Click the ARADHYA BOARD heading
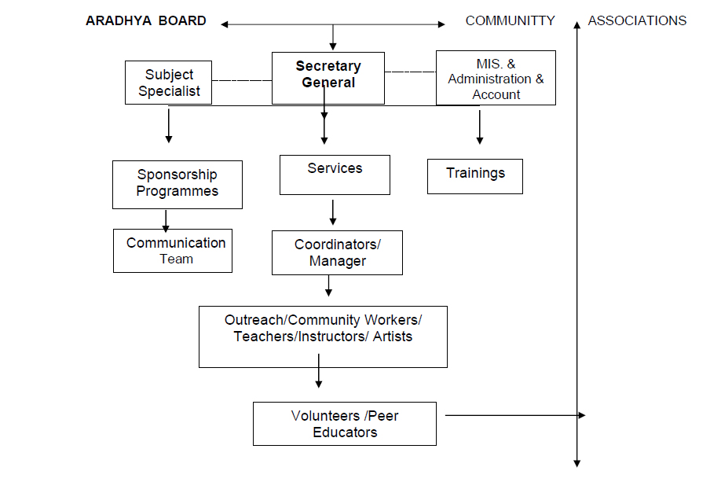pos(146,21)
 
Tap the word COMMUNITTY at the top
pos(510,21)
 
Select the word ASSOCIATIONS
pos(637,21)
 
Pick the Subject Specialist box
pos(169,83)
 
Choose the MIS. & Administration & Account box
pos(496,79)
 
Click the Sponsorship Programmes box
pos(177,184)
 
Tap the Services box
pos(335,174)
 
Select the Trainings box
pos(474,176)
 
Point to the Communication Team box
pos(173,250)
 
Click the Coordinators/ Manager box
pos(337,252)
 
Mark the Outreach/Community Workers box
pos(323,336)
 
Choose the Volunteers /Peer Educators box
pos(344,424)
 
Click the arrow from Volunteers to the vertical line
pos(514,415)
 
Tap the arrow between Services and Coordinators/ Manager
pos(333,212)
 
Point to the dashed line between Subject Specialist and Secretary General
pos(241,80)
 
